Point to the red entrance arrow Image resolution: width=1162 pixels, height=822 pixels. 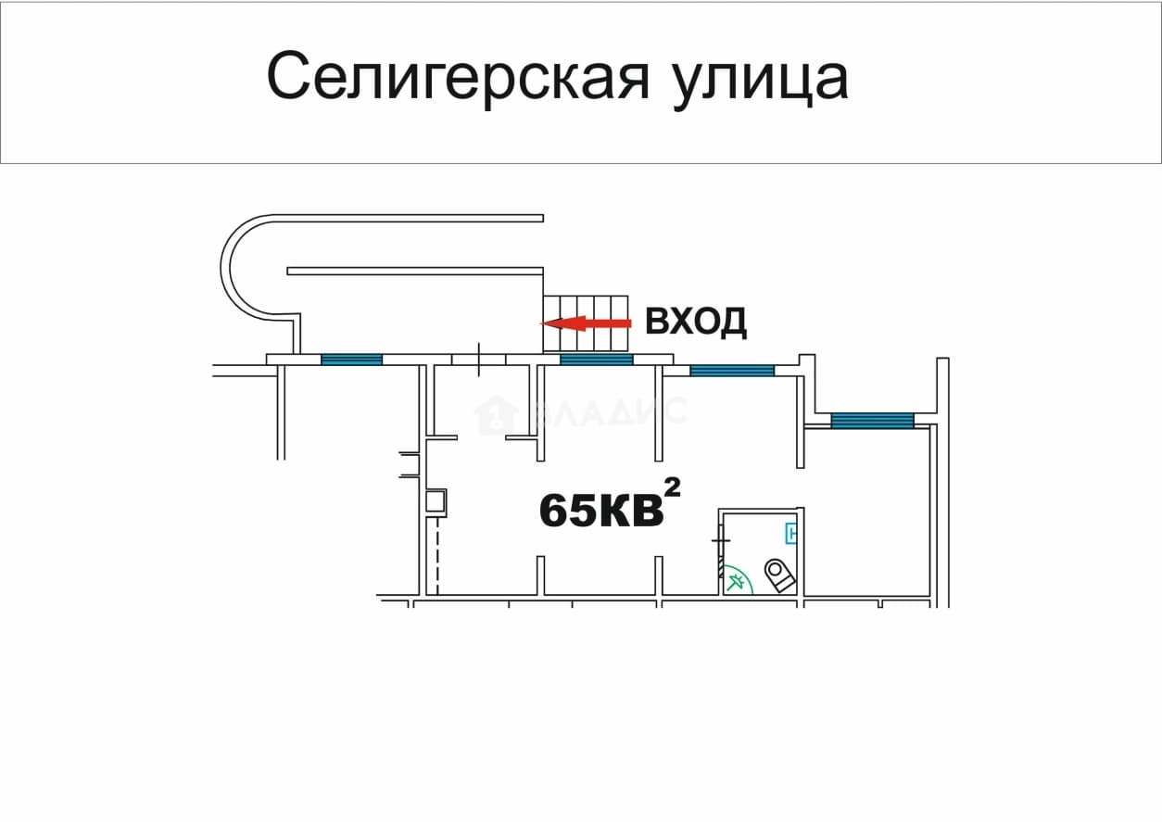click(587, 323)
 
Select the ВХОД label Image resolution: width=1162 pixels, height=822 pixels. click(696, 322)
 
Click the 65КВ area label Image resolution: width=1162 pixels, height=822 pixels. click(601, 510)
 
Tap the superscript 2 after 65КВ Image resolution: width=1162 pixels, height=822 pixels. click(673, 487)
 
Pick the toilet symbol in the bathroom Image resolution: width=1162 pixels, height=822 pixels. click(779, 575)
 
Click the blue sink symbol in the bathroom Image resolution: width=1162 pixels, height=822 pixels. click(791, 533)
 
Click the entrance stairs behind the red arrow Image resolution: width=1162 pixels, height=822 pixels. click(586, 323)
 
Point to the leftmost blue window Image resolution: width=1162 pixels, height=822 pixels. click(352, 360)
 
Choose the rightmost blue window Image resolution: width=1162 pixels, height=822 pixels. click(873, 421)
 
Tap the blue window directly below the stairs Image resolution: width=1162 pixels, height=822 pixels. click(597, 360)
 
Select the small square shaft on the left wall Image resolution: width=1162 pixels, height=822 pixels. click(436, 502)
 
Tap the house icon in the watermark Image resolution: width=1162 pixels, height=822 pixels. click(497, 415)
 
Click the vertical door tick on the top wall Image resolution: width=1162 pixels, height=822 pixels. click(479, 360)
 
